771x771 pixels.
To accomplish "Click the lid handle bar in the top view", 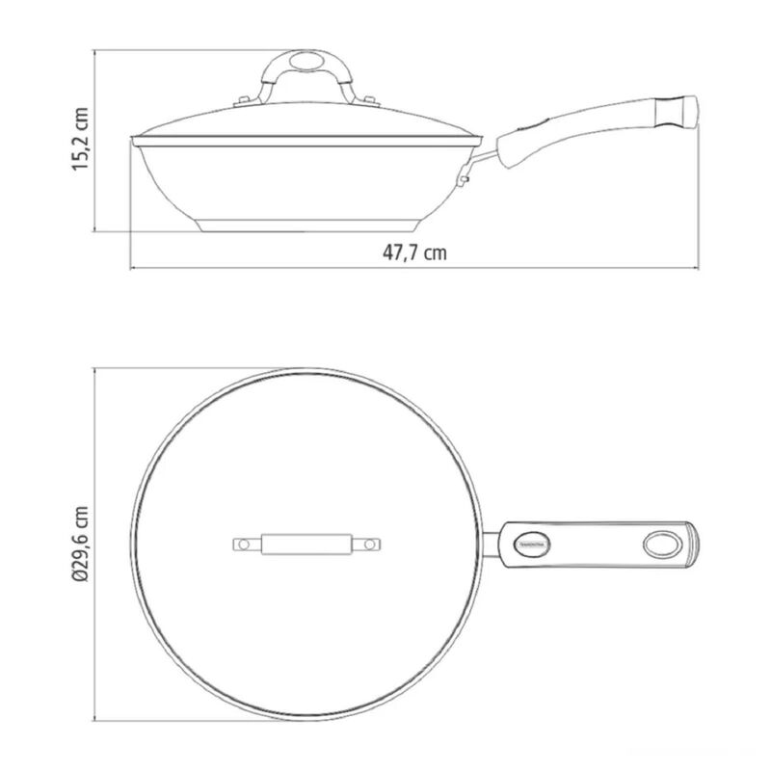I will tap(306, 545).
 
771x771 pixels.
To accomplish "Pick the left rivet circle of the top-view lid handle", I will tap(245, 545).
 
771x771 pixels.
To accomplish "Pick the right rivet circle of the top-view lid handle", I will tap(367, 545).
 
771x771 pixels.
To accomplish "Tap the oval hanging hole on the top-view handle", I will tap(661, 544).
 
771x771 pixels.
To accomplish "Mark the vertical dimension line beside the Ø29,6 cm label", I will tap(95, 544).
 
